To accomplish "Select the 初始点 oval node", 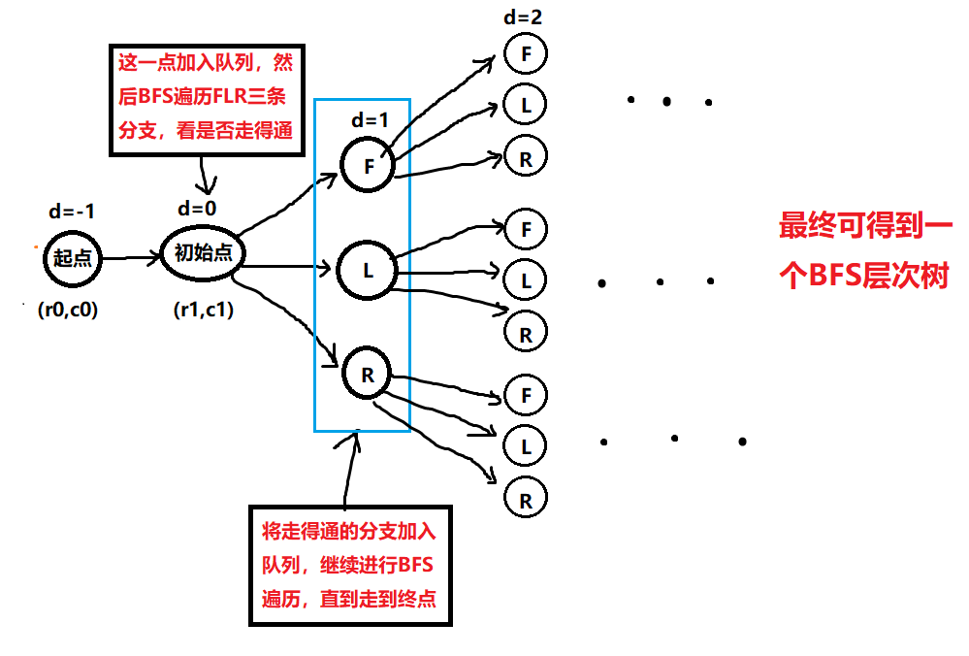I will [203, 253].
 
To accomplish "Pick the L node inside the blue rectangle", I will [368, 271].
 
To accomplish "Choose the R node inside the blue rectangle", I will [368, 374].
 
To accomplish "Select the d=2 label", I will [524, 16].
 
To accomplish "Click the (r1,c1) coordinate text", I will [203, 311].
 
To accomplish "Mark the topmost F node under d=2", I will [526, 53].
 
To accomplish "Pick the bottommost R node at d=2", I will [526, 501].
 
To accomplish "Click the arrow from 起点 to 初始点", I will [131, 259].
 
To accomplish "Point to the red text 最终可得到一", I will [866, 227].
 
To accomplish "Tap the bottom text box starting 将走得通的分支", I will [349, 565].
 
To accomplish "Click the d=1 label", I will [370, 121].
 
